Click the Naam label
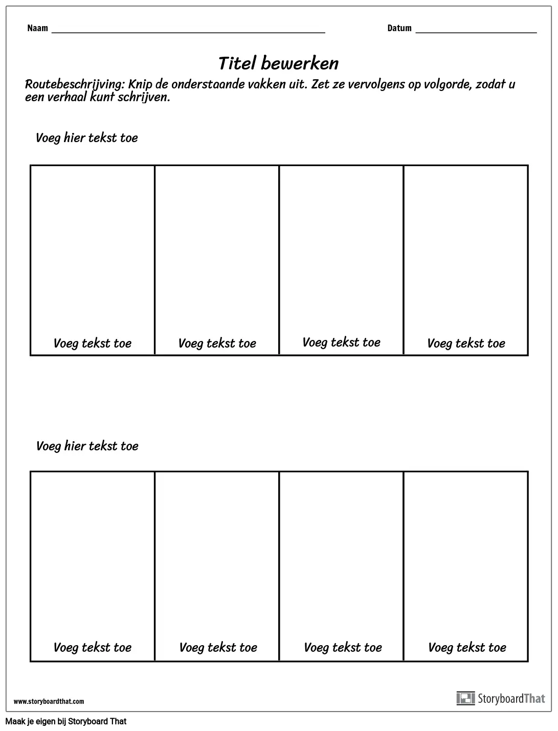point(37,28)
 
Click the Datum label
point(399,28)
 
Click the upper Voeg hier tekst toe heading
point(86,138)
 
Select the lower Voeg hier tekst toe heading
point(87,446)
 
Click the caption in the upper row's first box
point(93,344)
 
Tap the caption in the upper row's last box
point(466,344)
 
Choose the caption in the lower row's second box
point(218,648)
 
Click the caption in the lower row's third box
point(343,648)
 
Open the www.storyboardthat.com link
point(49,701)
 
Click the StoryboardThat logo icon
point(465,698)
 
